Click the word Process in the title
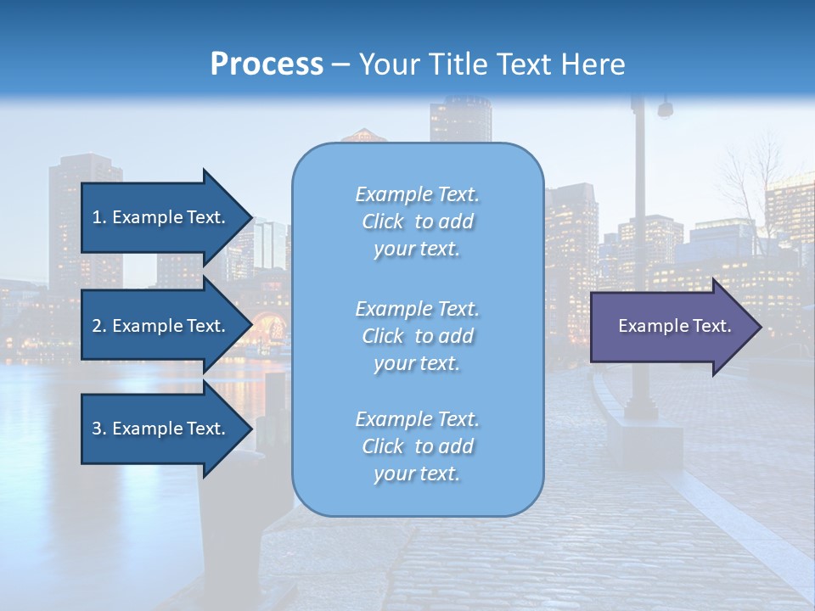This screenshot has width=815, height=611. pyautogui.click(x=267, y=64)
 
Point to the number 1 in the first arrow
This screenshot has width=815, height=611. pyautogui.click(x=97, y=217)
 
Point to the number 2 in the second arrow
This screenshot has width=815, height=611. pyautogui.click(x=97, y=326)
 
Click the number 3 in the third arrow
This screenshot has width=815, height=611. pyautogui.click(x=97, y=429)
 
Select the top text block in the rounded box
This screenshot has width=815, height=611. pyautogui.click(x=417, y=221)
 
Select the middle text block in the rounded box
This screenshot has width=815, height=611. pyautogui.click(x=417, y=336)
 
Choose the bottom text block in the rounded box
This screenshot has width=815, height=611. pyautogui.click(x=417, y=446)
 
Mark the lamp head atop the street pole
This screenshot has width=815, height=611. pyautogui.click(x=665, y=109)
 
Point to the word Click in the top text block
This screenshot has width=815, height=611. pyautogui.click(x=383, y=221)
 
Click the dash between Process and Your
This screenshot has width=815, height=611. pyautogui.click(x=341, y=64)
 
